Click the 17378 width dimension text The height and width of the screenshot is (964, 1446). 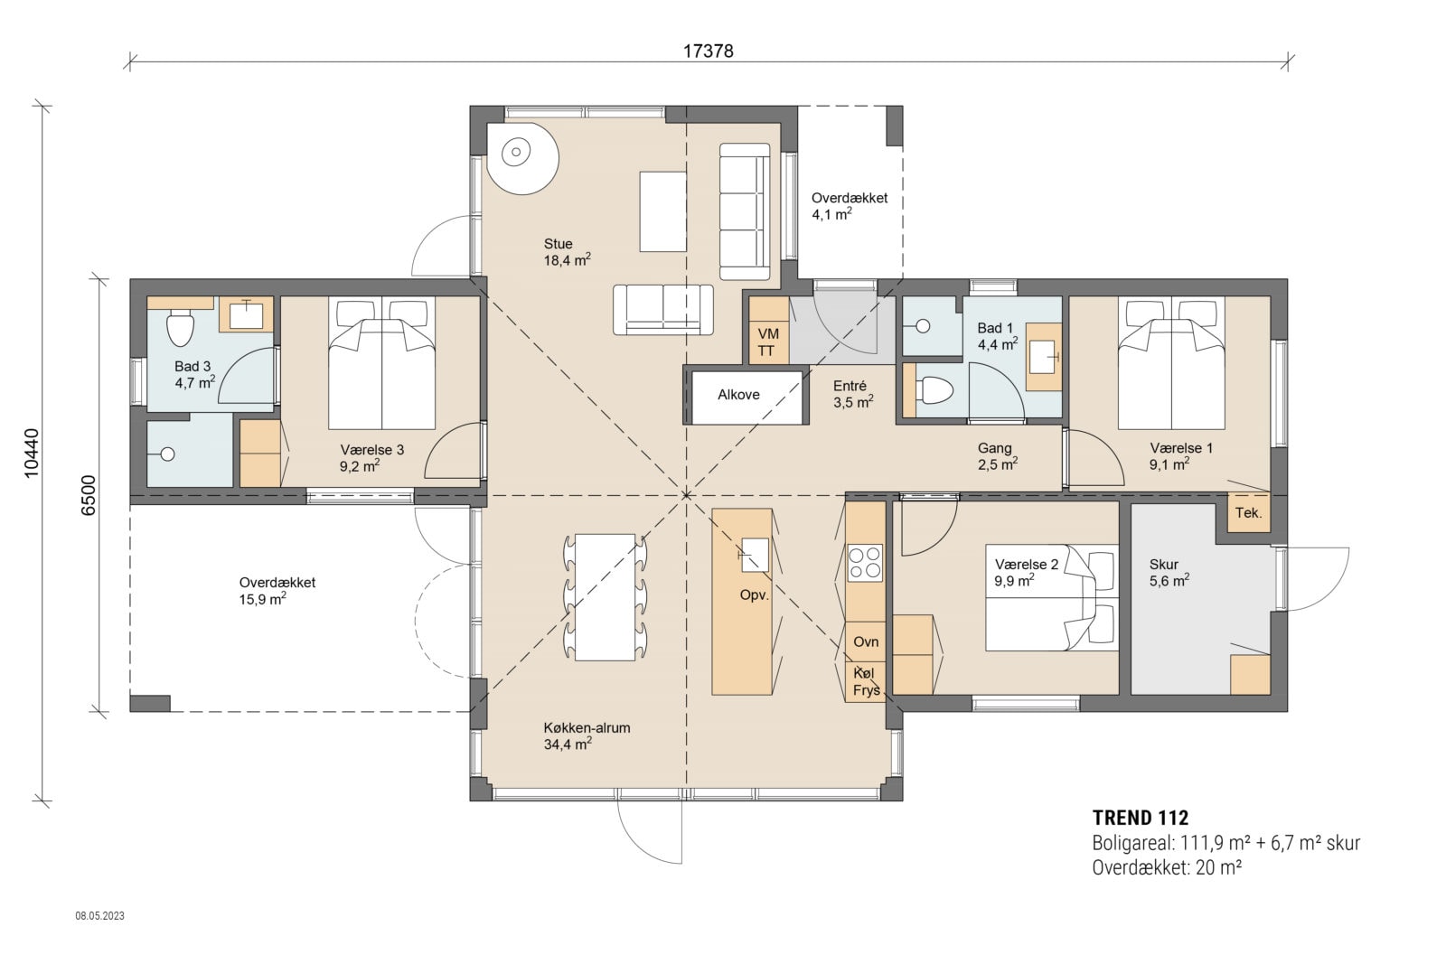point(708,51)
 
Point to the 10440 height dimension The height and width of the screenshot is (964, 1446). point(32,452)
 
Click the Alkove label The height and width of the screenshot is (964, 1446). point(738,395)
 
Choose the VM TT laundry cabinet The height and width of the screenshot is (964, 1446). point(767,342)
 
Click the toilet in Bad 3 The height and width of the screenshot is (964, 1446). point(181,328)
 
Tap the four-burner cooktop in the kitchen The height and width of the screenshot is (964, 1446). point(865,562)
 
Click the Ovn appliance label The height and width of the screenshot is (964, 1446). point(866,642)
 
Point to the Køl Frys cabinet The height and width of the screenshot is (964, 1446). point(864,682)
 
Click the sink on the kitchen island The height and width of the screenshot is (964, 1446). point(755,554)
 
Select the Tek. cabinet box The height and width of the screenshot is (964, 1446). point(1248,512)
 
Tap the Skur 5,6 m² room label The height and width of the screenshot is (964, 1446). point(1168,573)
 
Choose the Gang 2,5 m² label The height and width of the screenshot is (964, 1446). point(997,455)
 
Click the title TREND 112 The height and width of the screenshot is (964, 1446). point(1140,819)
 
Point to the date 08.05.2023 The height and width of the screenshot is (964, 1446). point(99,915)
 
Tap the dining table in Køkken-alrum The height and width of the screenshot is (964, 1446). point(605,597)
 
